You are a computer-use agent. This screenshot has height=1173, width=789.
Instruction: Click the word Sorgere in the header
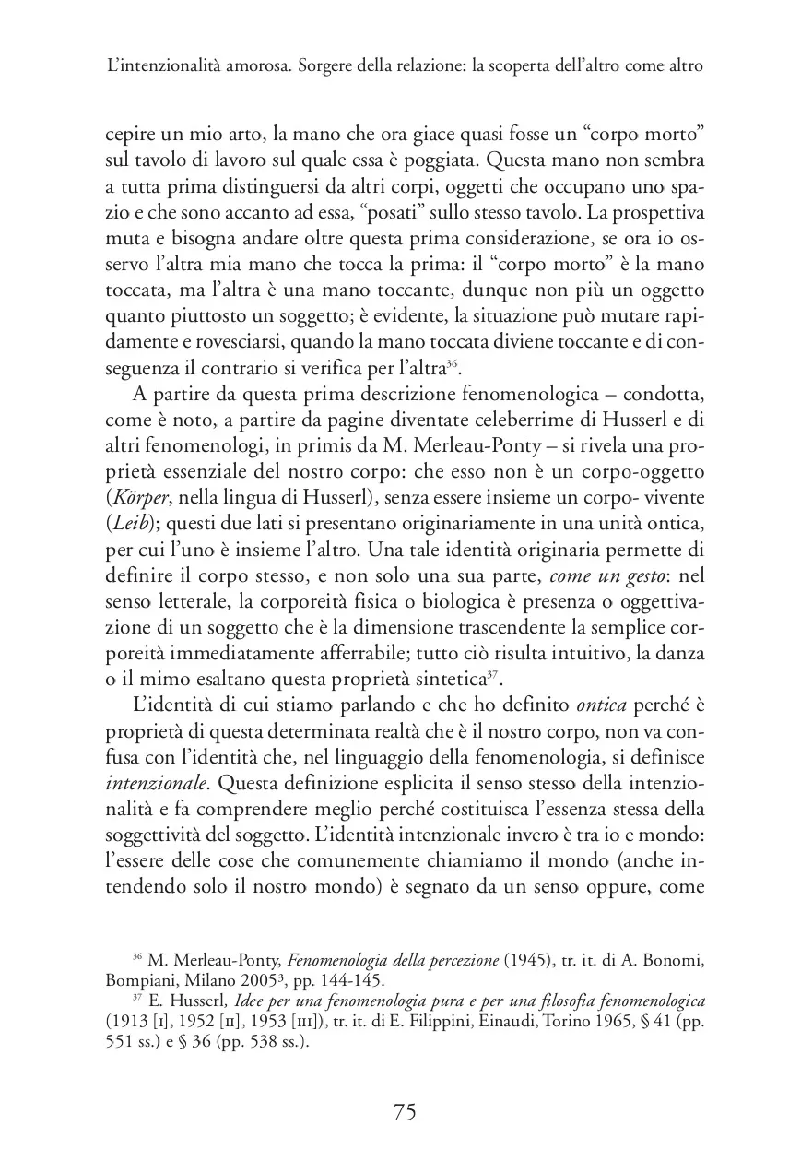pyautogui.click(x=328, y=67)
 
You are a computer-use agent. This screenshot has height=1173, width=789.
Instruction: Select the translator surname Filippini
pyautogui.click(x=476, y=1024)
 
